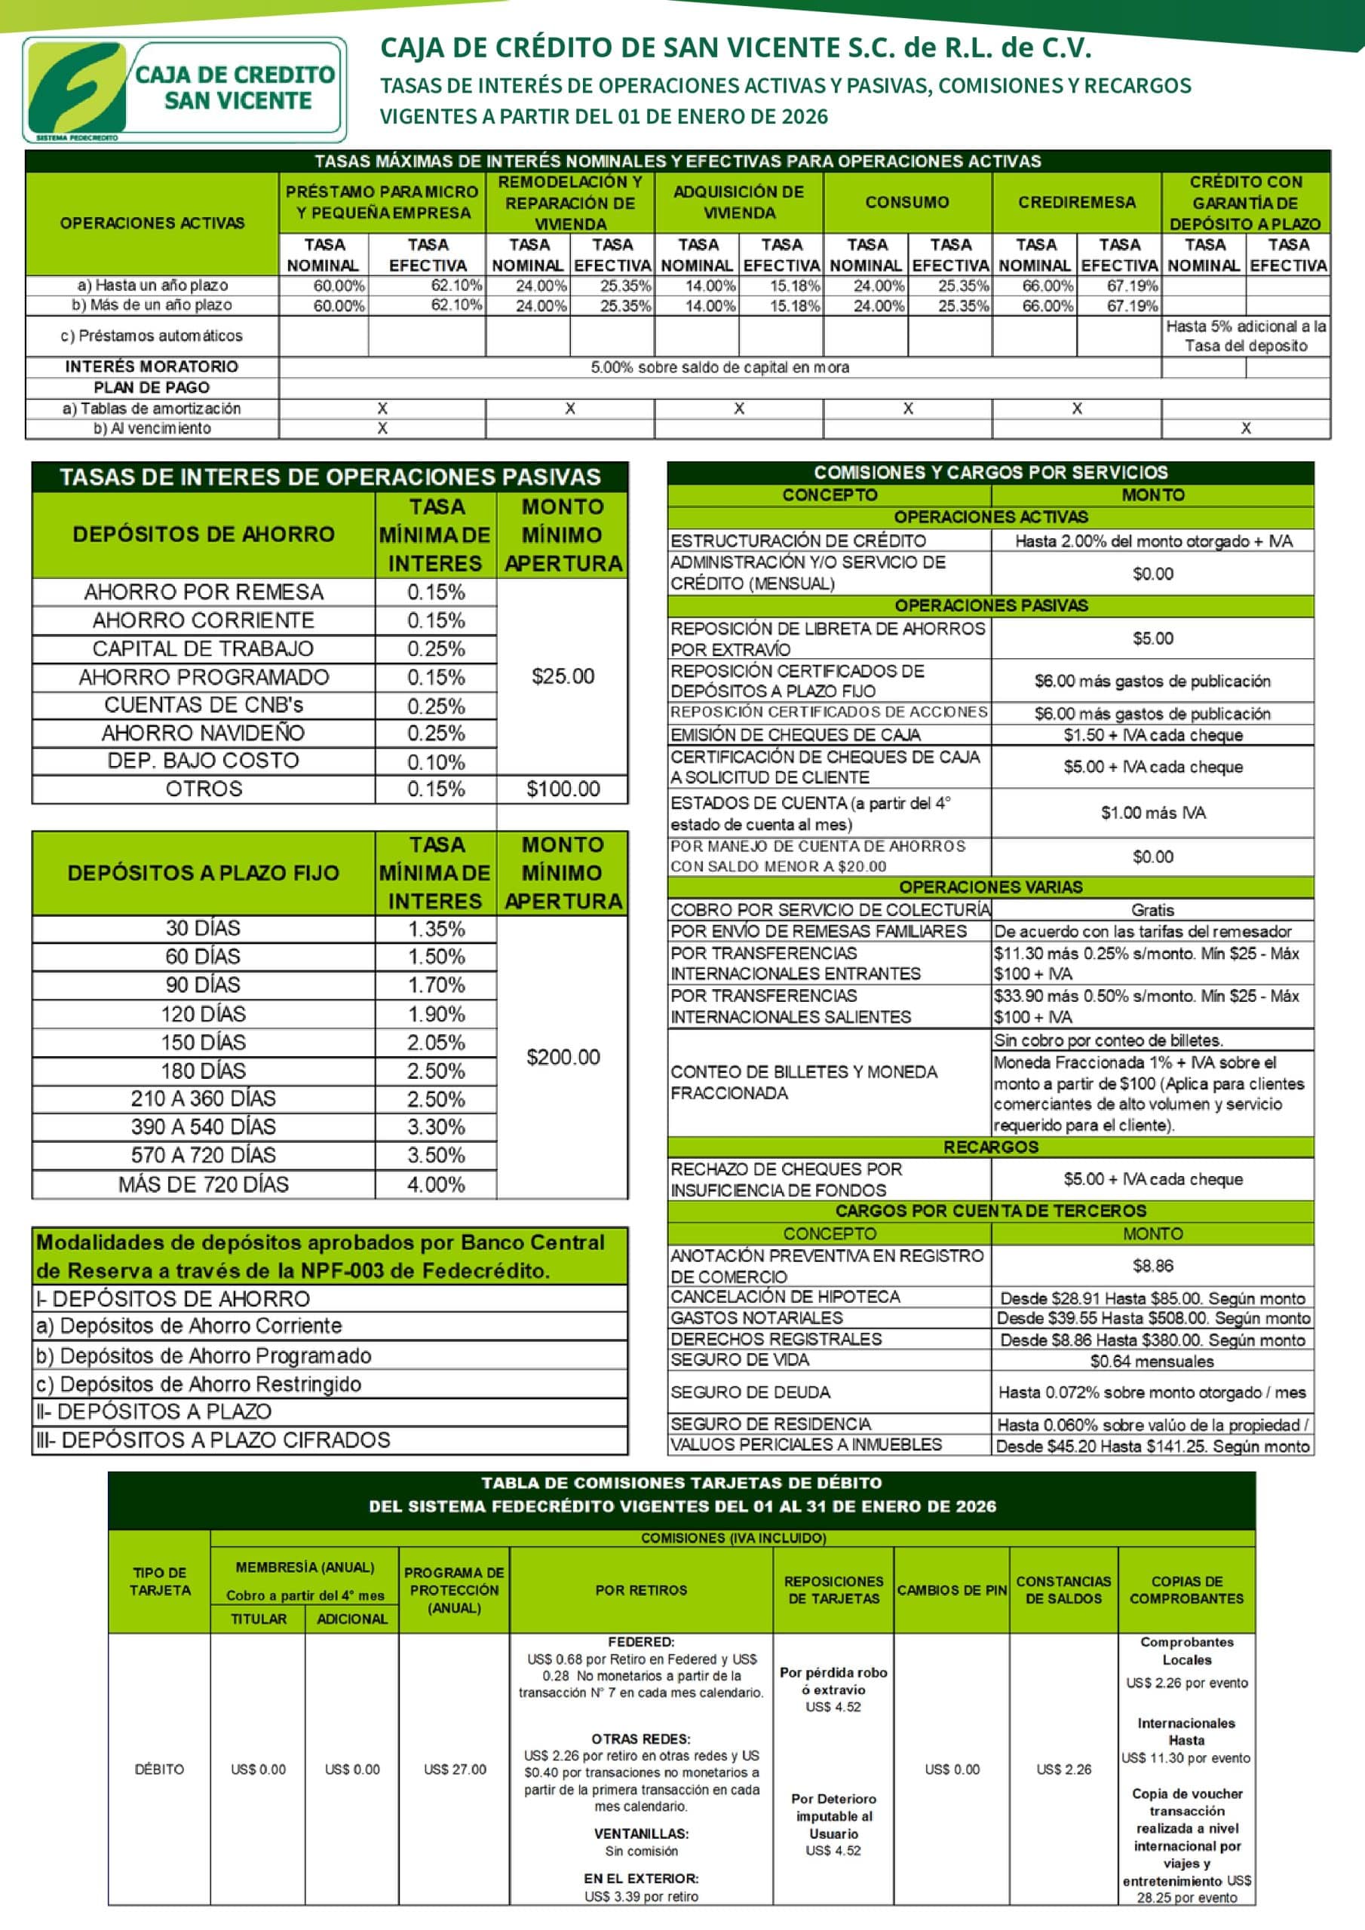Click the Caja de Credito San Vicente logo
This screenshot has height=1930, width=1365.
(183, 89)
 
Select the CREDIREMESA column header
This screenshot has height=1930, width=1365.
(1076, 203)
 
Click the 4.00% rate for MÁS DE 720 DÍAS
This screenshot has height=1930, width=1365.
(436, 1184)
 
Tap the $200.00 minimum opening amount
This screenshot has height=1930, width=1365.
(563, 1057)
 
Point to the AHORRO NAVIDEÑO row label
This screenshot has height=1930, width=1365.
(204, 733)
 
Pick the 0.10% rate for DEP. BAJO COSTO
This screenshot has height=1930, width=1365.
(436, 761)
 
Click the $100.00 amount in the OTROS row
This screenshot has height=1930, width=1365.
(563, 789)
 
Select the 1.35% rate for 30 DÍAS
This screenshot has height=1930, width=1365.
(436, 929)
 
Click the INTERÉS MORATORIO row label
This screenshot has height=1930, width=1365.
(152, 366)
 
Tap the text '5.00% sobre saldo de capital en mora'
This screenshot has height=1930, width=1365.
(719, 367)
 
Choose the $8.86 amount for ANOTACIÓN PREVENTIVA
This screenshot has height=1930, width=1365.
(1152, 1265)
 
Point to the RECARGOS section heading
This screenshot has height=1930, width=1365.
(990, 1147)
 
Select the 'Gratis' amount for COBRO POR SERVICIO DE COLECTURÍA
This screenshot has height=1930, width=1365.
(1152, 909)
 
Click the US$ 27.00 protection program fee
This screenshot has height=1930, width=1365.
(454, 1769)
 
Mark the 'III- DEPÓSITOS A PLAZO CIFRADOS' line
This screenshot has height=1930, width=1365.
(213, 1440)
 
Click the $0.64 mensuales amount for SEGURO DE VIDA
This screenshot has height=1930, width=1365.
(1152, 1361)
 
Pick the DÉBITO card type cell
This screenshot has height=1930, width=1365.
(159, 1769)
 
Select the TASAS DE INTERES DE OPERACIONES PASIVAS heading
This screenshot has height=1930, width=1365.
(330, 477)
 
